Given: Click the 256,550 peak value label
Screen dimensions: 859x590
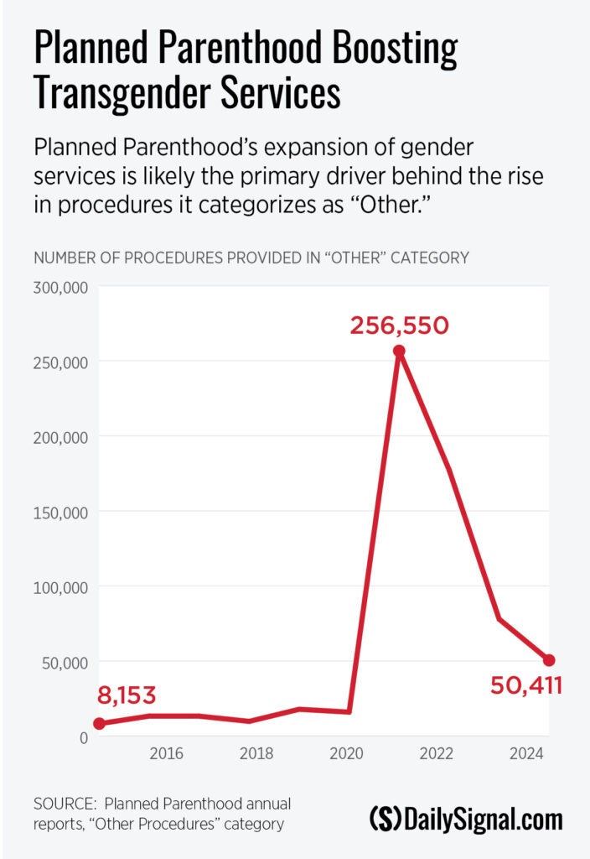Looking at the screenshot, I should point(400,325).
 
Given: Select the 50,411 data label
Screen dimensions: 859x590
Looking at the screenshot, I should point(525,686).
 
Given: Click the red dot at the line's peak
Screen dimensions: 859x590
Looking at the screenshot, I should point(400,351).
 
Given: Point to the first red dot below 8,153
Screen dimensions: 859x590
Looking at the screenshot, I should point(100,723).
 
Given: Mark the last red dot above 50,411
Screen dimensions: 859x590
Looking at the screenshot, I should point(548,660).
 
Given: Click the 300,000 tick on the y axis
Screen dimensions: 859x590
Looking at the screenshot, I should point(60,287).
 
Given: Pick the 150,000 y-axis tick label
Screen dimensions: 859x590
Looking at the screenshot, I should point(60,512).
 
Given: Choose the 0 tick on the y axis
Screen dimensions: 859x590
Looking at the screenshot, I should point(84,737).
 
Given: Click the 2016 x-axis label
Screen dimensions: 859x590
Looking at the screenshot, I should point(166,754).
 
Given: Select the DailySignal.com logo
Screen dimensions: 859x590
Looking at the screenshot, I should point(466,818).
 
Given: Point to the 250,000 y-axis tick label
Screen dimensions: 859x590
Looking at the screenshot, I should point(60,362).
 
